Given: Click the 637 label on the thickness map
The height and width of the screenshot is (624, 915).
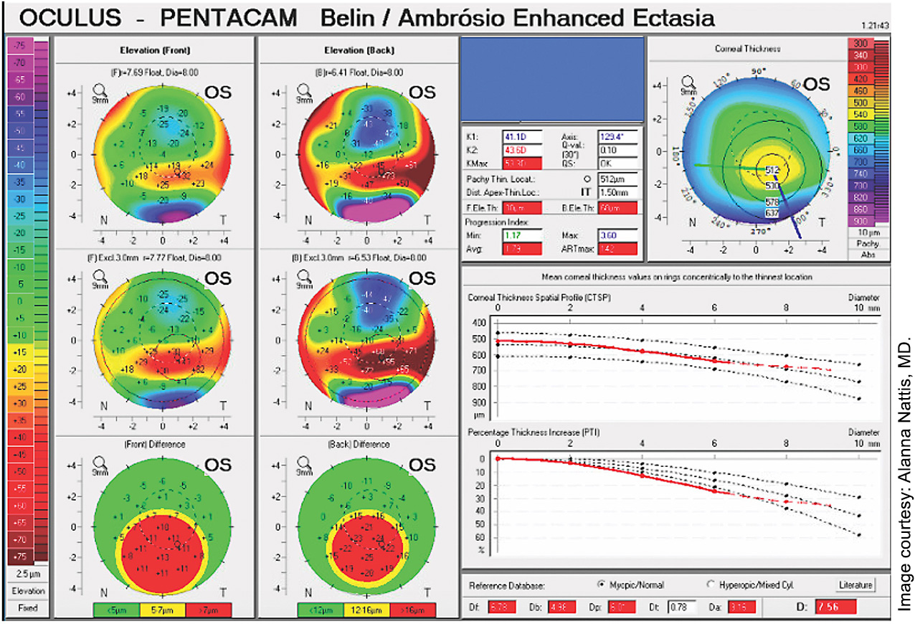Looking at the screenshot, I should [x=772, y=212].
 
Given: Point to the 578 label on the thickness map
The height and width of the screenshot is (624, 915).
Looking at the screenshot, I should [x=772, y=202].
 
